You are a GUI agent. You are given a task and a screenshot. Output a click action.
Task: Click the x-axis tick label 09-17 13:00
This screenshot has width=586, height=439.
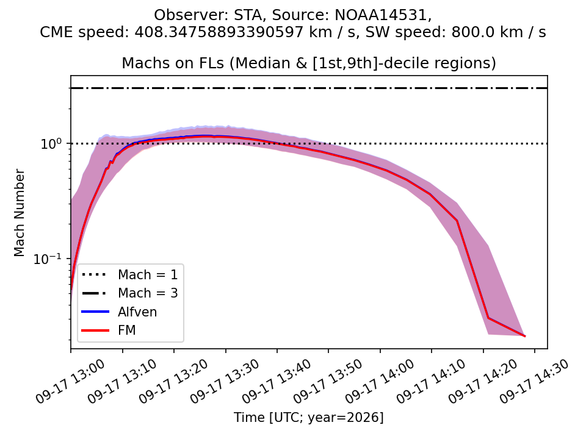[x=71, y=381]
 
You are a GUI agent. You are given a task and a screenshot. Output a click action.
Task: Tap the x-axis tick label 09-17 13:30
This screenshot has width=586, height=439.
[x=225, y=381]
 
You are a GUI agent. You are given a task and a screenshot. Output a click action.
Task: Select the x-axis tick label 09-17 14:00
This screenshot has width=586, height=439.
[x=380, y=381]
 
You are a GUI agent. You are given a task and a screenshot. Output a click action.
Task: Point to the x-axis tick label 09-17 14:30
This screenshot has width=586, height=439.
[x=535, y=381]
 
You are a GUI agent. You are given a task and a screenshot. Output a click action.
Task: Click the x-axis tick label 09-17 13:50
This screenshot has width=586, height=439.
[x=328, y=381]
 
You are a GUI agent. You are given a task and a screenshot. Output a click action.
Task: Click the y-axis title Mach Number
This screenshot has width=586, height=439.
[x=19, y=213]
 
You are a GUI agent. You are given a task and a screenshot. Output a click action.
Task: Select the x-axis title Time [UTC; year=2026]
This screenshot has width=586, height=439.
[x=309, y=417]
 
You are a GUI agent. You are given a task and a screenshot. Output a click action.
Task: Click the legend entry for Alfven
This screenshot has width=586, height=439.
[x=137, y=312]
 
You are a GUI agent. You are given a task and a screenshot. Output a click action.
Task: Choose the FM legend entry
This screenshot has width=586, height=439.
[x=127, y=330]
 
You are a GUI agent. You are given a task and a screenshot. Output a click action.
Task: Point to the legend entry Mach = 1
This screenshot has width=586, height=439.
[x=148, y=275]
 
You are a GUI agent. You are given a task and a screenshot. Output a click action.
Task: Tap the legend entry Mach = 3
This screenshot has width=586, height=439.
[x=148, y=293]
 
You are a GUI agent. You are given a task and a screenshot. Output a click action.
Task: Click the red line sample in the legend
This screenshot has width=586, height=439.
[x=96, y=330]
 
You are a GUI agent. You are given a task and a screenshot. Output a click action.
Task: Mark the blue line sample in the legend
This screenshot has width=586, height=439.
[x=96, y=312]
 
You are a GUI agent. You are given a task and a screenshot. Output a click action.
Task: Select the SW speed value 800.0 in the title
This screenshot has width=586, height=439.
[x=469, y=32]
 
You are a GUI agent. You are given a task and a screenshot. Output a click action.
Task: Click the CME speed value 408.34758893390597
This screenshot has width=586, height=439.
[x=219, y=32]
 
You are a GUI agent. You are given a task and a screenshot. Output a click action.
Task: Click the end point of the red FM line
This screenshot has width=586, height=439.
[x=525, y=336]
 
